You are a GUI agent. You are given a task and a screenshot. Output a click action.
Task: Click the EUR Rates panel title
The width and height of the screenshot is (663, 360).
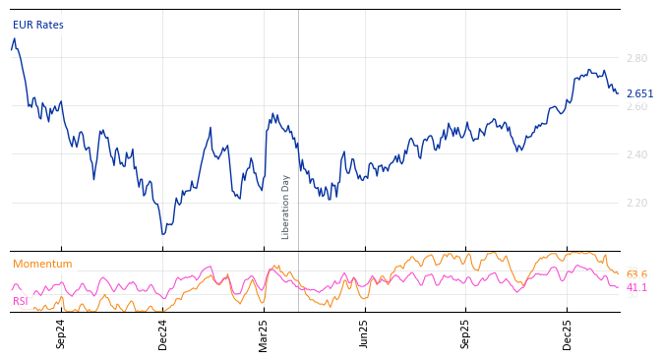(38, 25)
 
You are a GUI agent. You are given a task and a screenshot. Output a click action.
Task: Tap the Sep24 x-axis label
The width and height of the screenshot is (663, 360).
(61, 333)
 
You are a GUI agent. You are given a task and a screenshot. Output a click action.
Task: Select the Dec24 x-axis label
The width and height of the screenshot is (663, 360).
(163, 333)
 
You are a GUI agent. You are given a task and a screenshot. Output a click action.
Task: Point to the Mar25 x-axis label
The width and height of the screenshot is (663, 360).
(264, 333)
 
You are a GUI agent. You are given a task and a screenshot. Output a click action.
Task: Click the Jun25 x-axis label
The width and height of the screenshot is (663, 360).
(365, 333)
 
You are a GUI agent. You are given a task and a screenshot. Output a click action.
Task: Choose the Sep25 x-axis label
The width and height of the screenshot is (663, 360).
(466, 333)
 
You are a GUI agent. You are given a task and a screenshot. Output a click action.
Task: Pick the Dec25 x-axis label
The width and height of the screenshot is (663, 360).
(568, 333)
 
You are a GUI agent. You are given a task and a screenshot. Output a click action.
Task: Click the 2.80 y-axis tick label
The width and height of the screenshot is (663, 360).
(636, 58)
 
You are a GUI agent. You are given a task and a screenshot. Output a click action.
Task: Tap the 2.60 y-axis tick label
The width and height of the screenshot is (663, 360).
(636, 106)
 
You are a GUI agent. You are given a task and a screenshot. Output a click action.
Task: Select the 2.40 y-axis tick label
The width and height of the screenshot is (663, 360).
(636, 154)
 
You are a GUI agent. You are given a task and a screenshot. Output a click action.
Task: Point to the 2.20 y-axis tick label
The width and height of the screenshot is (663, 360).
(636, 203)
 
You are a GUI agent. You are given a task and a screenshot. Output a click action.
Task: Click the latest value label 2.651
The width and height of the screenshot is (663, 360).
(639, 94)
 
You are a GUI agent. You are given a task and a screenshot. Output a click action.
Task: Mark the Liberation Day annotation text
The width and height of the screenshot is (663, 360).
(286, 207)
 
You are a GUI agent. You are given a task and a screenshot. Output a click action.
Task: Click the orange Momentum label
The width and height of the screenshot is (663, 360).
(42, 264)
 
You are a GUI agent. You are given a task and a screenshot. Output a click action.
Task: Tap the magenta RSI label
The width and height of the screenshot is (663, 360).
(20, 301)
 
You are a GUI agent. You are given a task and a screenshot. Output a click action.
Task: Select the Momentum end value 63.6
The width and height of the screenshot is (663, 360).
(636, 274)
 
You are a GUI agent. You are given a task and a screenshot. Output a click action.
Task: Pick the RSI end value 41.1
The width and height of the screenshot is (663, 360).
(636, 287)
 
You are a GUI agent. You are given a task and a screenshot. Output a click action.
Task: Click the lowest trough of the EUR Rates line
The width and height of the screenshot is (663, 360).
(163, 234)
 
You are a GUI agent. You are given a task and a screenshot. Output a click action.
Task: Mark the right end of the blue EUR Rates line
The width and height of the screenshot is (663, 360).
(618, 93)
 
